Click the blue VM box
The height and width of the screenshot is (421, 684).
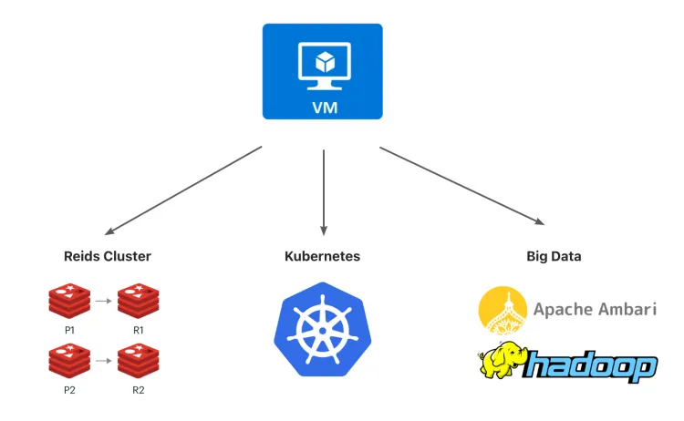coord(323,71)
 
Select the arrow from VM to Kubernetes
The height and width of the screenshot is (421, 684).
coord(323,192)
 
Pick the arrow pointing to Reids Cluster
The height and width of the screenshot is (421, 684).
coord(182,190)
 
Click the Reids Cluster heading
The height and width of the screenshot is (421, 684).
coord(108,256)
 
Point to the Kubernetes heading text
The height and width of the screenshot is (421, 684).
coord(323,256)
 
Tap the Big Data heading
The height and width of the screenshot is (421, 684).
coord(554,256)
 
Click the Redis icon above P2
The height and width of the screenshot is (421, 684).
coord(69,361)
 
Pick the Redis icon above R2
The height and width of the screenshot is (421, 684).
coord(138,361)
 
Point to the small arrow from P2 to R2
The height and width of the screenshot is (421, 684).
coord(104,361)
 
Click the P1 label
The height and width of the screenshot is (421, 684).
coord(69,329)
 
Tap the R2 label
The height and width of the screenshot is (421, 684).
coord(138,390)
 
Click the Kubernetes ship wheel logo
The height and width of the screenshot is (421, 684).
coord(322,329)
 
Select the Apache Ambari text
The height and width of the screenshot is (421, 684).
coord(596,308)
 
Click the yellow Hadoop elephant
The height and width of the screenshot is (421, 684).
coord(503,361)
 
